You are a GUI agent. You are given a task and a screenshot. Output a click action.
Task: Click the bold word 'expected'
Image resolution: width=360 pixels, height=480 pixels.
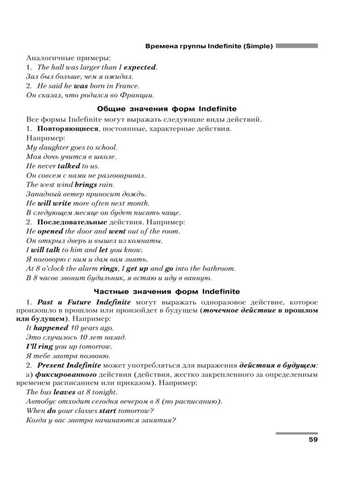[139, 68]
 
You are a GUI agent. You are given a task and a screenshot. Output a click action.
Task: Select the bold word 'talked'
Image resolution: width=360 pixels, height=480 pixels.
[68, 166]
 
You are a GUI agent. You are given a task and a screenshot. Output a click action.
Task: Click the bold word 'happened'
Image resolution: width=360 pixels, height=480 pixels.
[52, 329]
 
